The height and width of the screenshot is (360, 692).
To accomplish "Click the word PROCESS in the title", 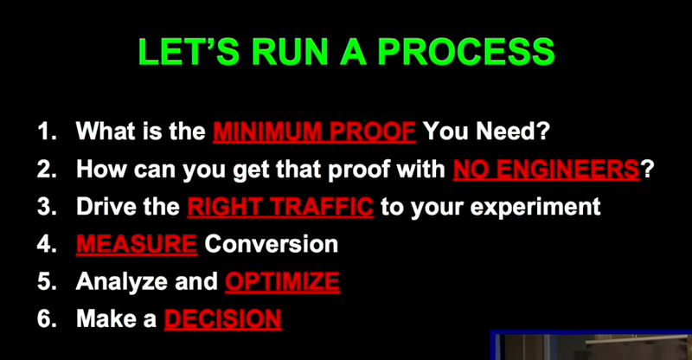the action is click(466, 52).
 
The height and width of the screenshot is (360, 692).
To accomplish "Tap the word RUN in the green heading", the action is click(290, 52).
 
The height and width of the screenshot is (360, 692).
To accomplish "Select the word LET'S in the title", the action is click(189, 51).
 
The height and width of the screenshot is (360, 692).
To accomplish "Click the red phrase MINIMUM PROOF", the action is click(314, 131).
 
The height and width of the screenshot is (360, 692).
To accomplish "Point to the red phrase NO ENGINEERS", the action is click(547, 169).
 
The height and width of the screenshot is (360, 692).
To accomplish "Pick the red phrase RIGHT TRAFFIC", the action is click(280, 206).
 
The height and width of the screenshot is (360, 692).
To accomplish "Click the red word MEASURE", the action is click(137, 244).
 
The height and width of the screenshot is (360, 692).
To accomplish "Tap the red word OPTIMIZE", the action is click(283, 282).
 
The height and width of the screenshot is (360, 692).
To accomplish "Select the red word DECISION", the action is click(223, 319).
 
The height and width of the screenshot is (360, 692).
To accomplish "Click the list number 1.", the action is click(47, 131).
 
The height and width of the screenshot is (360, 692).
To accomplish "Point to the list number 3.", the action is click(47, 207).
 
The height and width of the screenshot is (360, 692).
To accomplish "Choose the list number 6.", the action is click(47, 319).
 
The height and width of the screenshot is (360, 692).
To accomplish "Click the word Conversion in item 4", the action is click(272, 244).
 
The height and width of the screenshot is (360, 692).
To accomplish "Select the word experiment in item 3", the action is click(535, 207).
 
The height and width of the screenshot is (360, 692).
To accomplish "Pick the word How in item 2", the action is click(101, 169).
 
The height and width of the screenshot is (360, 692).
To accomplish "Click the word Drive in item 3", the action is click(104, 206).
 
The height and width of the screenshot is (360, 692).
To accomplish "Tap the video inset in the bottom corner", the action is click(591, 345).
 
